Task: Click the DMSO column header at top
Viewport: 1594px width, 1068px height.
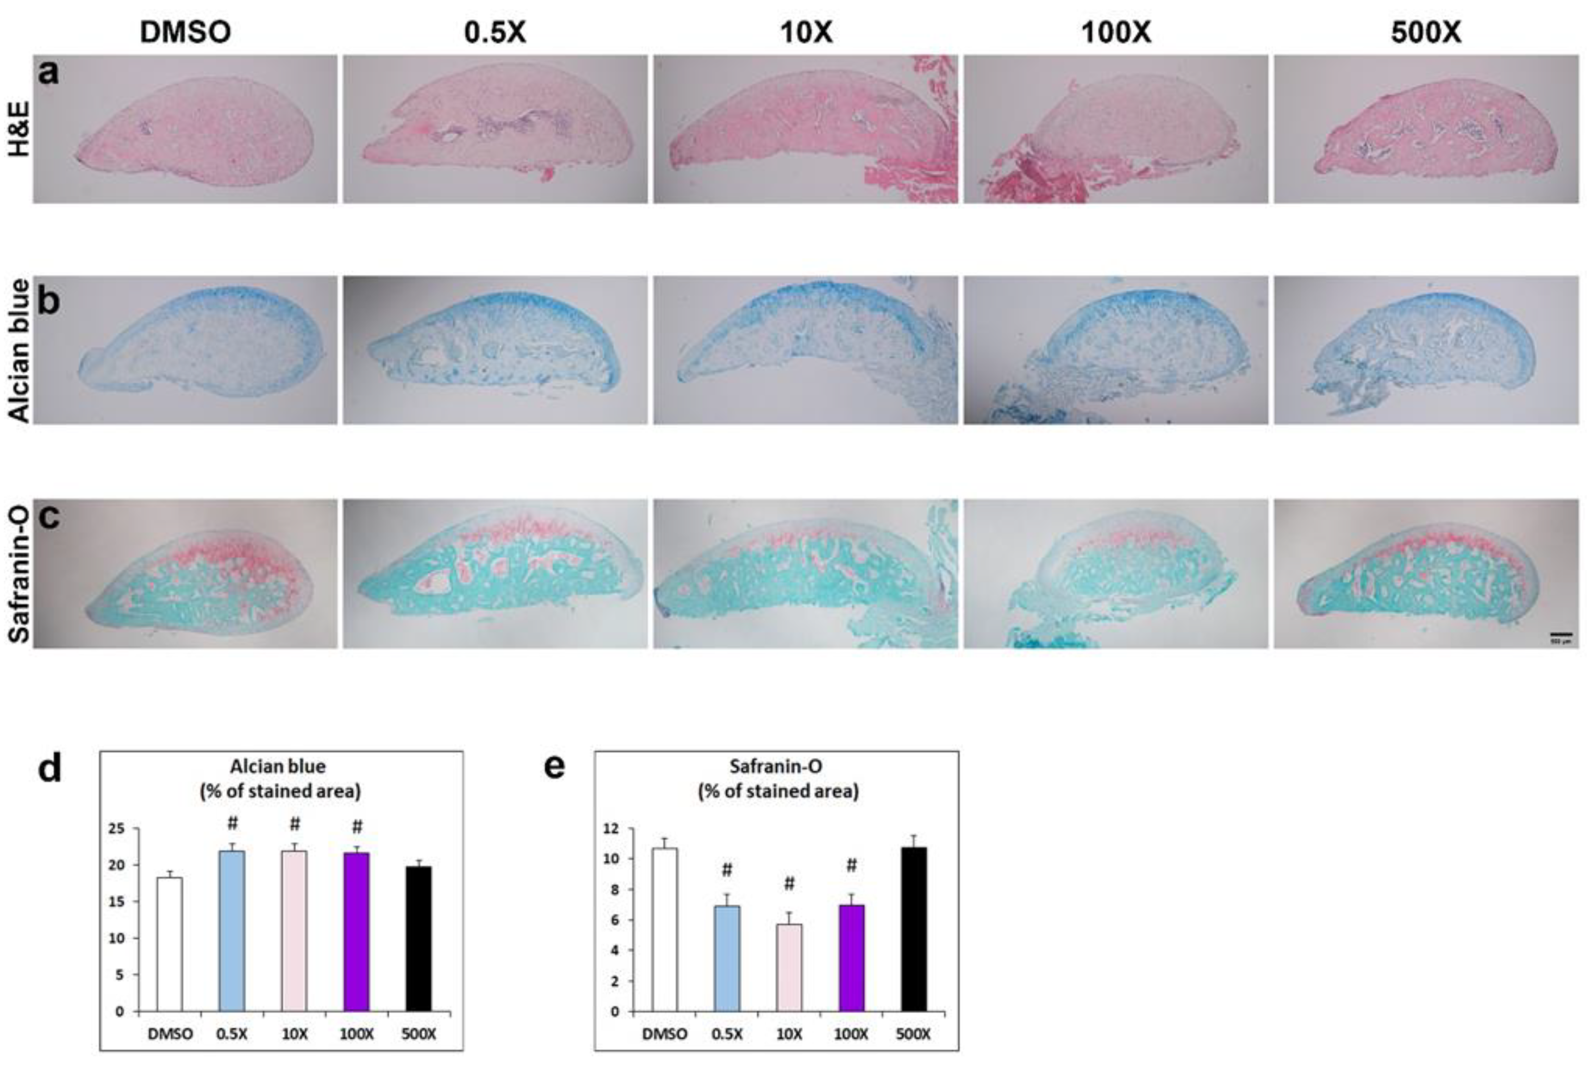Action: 185,32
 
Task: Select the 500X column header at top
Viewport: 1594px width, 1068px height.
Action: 1425,32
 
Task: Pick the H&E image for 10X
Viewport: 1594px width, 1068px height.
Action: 805,129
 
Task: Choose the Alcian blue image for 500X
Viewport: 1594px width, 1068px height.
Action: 1426,350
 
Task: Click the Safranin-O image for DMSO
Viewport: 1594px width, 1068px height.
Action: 185,573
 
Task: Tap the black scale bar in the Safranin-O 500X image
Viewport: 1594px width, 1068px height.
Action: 1561,634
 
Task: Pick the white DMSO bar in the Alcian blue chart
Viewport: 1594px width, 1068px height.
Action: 170,944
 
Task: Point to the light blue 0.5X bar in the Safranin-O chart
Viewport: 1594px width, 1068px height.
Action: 727,958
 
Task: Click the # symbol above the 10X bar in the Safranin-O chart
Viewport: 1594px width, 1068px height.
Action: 789,884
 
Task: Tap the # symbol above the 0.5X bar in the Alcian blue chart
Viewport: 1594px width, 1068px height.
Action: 232,823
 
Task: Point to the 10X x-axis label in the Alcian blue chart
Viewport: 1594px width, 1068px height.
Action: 294,1034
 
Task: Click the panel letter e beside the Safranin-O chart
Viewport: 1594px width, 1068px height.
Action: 554,767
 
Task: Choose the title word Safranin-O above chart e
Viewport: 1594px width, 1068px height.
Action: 776,766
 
